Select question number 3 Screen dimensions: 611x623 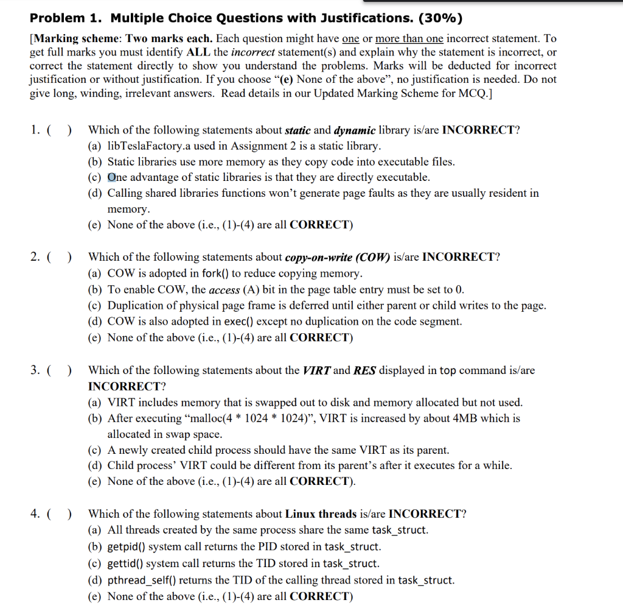pos(35,370)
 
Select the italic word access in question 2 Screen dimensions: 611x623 pos(224,289)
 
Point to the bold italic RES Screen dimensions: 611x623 pos(364,370)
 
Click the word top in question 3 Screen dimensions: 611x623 pos(447,370)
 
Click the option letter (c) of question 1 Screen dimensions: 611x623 pos(95,178)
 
